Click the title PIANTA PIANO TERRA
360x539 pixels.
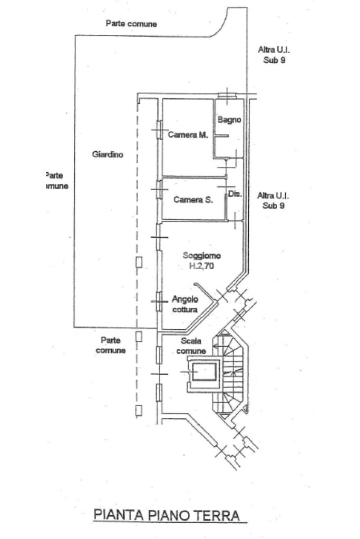(x=170, y=515)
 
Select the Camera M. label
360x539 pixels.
(x=188, y=135)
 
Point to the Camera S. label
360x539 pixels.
(x=193, y=200)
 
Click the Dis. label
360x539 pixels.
(x=235, y=194)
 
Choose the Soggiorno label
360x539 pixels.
(x=202, y=256)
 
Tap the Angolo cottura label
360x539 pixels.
(x=184, y=304)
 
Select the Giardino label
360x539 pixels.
(x=108, y=154)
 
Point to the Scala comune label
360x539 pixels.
(x=191, y=346)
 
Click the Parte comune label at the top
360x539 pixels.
(x=131, y=24)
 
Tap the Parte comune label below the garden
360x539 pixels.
(x=111, y=345)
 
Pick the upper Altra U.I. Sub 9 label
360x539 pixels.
(x=274, y=54)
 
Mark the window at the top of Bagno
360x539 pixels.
(x=228, y=95)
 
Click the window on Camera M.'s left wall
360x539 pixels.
(x=158, y=130)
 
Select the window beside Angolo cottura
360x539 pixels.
(x=158, y=301)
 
